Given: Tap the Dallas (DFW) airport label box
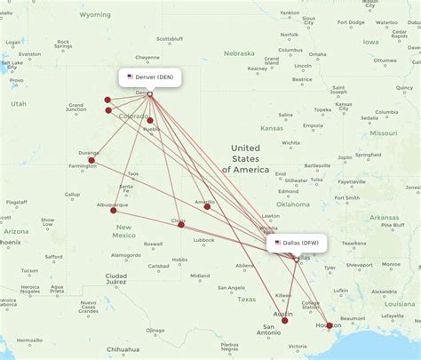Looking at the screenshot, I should tap(298, 242).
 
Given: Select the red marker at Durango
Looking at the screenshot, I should tap(91, 161).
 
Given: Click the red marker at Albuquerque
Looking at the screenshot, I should tap(113, 210).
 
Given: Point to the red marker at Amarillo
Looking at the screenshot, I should tap(207, 206).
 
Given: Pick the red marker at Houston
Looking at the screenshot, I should tap(329, 325).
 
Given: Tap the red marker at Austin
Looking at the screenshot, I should tap(285, 320).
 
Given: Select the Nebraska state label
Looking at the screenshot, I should tap(239, 53).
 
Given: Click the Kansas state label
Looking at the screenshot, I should tap(272, 128).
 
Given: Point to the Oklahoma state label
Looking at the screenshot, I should tap(292, 204).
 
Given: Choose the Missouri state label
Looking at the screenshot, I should tap(384, 132).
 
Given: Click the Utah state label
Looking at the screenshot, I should tap(19, 104).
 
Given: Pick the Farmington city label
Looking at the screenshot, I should tap(83, 165).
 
